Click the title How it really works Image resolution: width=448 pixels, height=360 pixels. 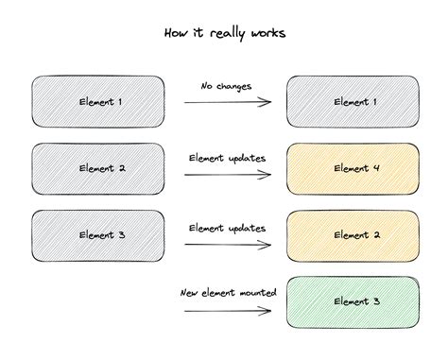point(224,33)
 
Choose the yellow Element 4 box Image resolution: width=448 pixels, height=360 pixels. point(353,167)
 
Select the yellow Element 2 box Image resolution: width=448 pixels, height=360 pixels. point(353,233)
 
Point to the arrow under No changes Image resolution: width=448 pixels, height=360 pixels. point(226,101)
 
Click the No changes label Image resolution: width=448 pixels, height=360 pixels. point(226,86)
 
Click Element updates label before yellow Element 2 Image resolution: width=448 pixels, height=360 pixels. point(227,228)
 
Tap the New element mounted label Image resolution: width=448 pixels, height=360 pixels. point(228,293)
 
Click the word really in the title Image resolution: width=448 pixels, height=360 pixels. point(225,34)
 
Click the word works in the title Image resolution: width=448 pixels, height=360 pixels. point(266,33)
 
